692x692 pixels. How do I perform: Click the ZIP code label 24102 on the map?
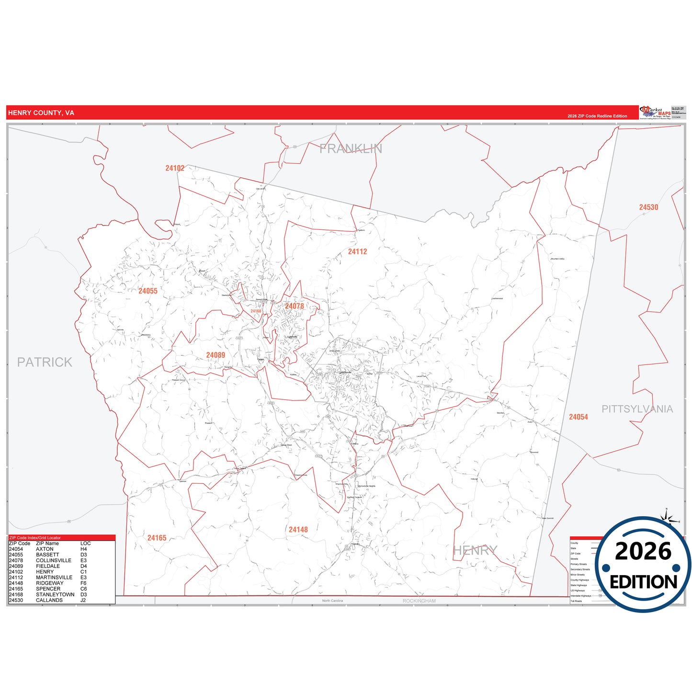click(175, 168)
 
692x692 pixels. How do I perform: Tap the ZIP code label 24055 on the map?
click(148, 291)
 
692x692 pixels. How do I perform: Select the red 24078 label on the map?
click(295, 306)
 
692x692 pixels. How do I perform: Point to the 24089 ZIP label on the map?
click(216, 355)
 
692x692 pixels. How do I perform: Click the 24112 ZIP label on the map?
click(357, 251)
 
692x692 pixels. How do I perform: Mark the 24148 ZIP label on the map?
click(298, 529)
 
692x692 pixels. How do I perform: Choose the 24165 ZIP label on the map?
click(157, 538)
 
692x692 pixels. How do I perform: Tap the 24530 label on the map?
click(648, 207)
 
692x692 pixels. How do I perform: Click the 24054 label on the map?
click(578, 417)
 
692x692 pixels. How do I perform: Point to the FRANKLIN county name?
click(351, 149)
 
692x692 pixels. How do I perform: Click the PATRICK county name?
click(45, 362)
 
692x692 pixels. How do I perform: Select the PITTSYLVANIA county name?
click(637, 409)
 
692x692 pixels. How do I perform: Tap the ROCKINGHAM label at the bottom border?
click(419, 601)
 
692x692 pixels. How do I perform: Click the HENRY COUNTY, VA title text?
click(41, 113)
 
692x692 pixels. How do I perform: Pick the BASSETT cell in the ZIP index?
click(47, 555)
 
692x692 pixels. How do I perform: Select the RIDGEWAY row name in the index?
click(49, 583)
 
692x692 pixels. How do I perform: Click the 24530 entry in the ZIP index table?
click(16, 600)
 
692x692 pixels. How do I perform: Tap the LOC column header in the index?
click(85, 544)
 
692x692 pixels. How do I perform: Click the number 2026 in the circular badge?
click(643, 551)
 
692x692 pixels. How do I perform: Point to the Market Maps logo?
click(655, 113)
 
